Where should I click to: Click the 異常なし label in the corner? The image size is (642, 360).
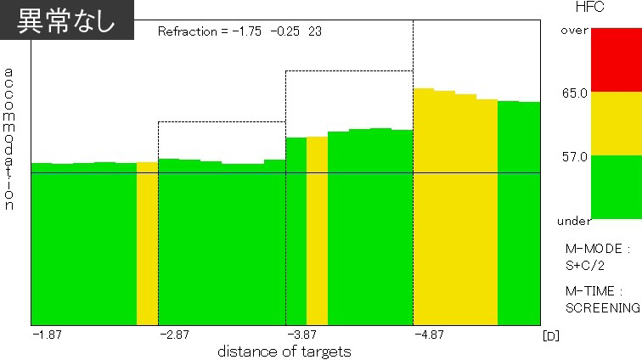pyautogui.click(x=67, y=20)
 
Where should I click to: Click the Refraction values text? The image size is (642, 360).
pyautogui.click(x=239, y=31)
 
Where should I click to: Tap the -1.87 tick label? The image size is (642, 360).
pyautogui.click(x=48, y=335)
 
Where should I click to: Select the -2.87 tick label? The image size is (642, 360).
pyautogui.click(x=175, y=335)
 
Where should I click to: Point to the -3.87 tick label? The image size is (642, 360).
pyautogui.click(x=302, y=335)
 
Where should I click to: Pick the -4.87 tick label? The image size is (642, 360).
pyautogui.click(x=430, y=335)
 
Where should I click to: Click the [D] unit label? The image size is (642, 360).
pyautogui.click(x=550, y=335)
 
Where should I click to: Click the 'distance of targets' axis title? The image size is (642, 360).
pyautogui.click(x=284, y=351)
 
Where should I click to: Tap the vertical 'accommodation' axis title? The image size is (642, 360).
pyautogui.click(x=9, y=139)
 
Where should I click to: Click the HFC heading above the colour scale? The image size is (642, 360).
pyautogui.click(x=589, y=8)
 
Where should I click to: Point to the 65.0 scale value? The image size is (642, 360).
pyautogui.click(x=574, y=93)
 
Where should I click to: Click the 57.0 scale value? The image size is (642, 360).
pyautogui.click(x=574, y=156)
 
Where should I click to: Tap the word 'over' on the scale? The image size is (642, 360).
pyautogui.click(x=574, y=31)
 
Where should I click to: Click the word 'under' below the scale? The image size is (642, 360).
pyautogui.click(x=573, y=222)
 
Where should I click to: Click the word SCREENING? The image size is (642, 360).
pyautogui.click(x=602, y=307)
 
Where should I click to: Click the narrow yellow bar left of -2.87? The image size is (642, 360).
pyautogui.click(x=147, y=243)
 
